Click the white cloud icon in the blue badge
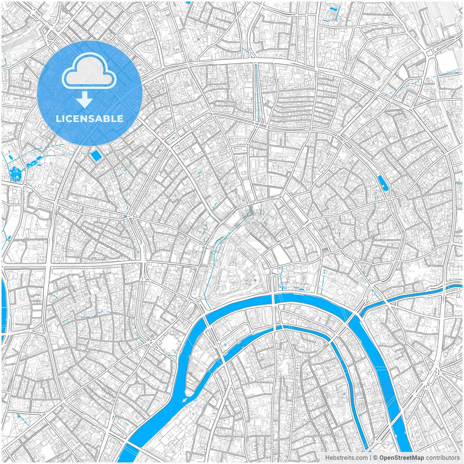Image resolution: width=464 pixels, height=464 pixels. (x=89, y=71)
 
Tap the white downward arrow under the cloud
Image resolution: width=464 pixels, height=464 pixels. (x=84, y=100)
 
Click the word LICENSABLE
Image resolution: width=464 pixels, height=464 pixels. (x=90, y=119)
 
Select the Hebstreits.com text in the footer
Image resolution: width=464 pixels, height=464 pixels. (x=346, y=457)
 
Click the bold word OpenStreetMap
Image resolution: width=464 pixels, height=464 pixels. (x=402, y=457)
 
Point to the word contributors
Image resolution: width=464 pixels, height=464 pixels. (x=442, y=457)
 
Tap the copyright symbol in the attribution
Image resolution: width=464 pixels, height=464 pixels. (x=376, y=457)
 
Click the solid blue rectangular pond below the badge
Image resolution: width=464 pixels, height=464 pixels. (x=96, y=156)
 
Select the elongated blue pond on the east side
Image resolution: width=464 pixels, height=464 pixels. (x=382, y=183)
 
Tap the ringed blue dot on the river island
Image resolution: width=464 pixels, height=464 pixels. (x=225, y=344)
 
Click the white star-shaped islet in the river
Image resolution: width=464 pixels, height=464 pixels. (x=185, y=400)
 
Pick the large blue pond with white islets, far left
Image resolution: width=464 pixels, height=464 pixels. (x=14, y=174)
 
